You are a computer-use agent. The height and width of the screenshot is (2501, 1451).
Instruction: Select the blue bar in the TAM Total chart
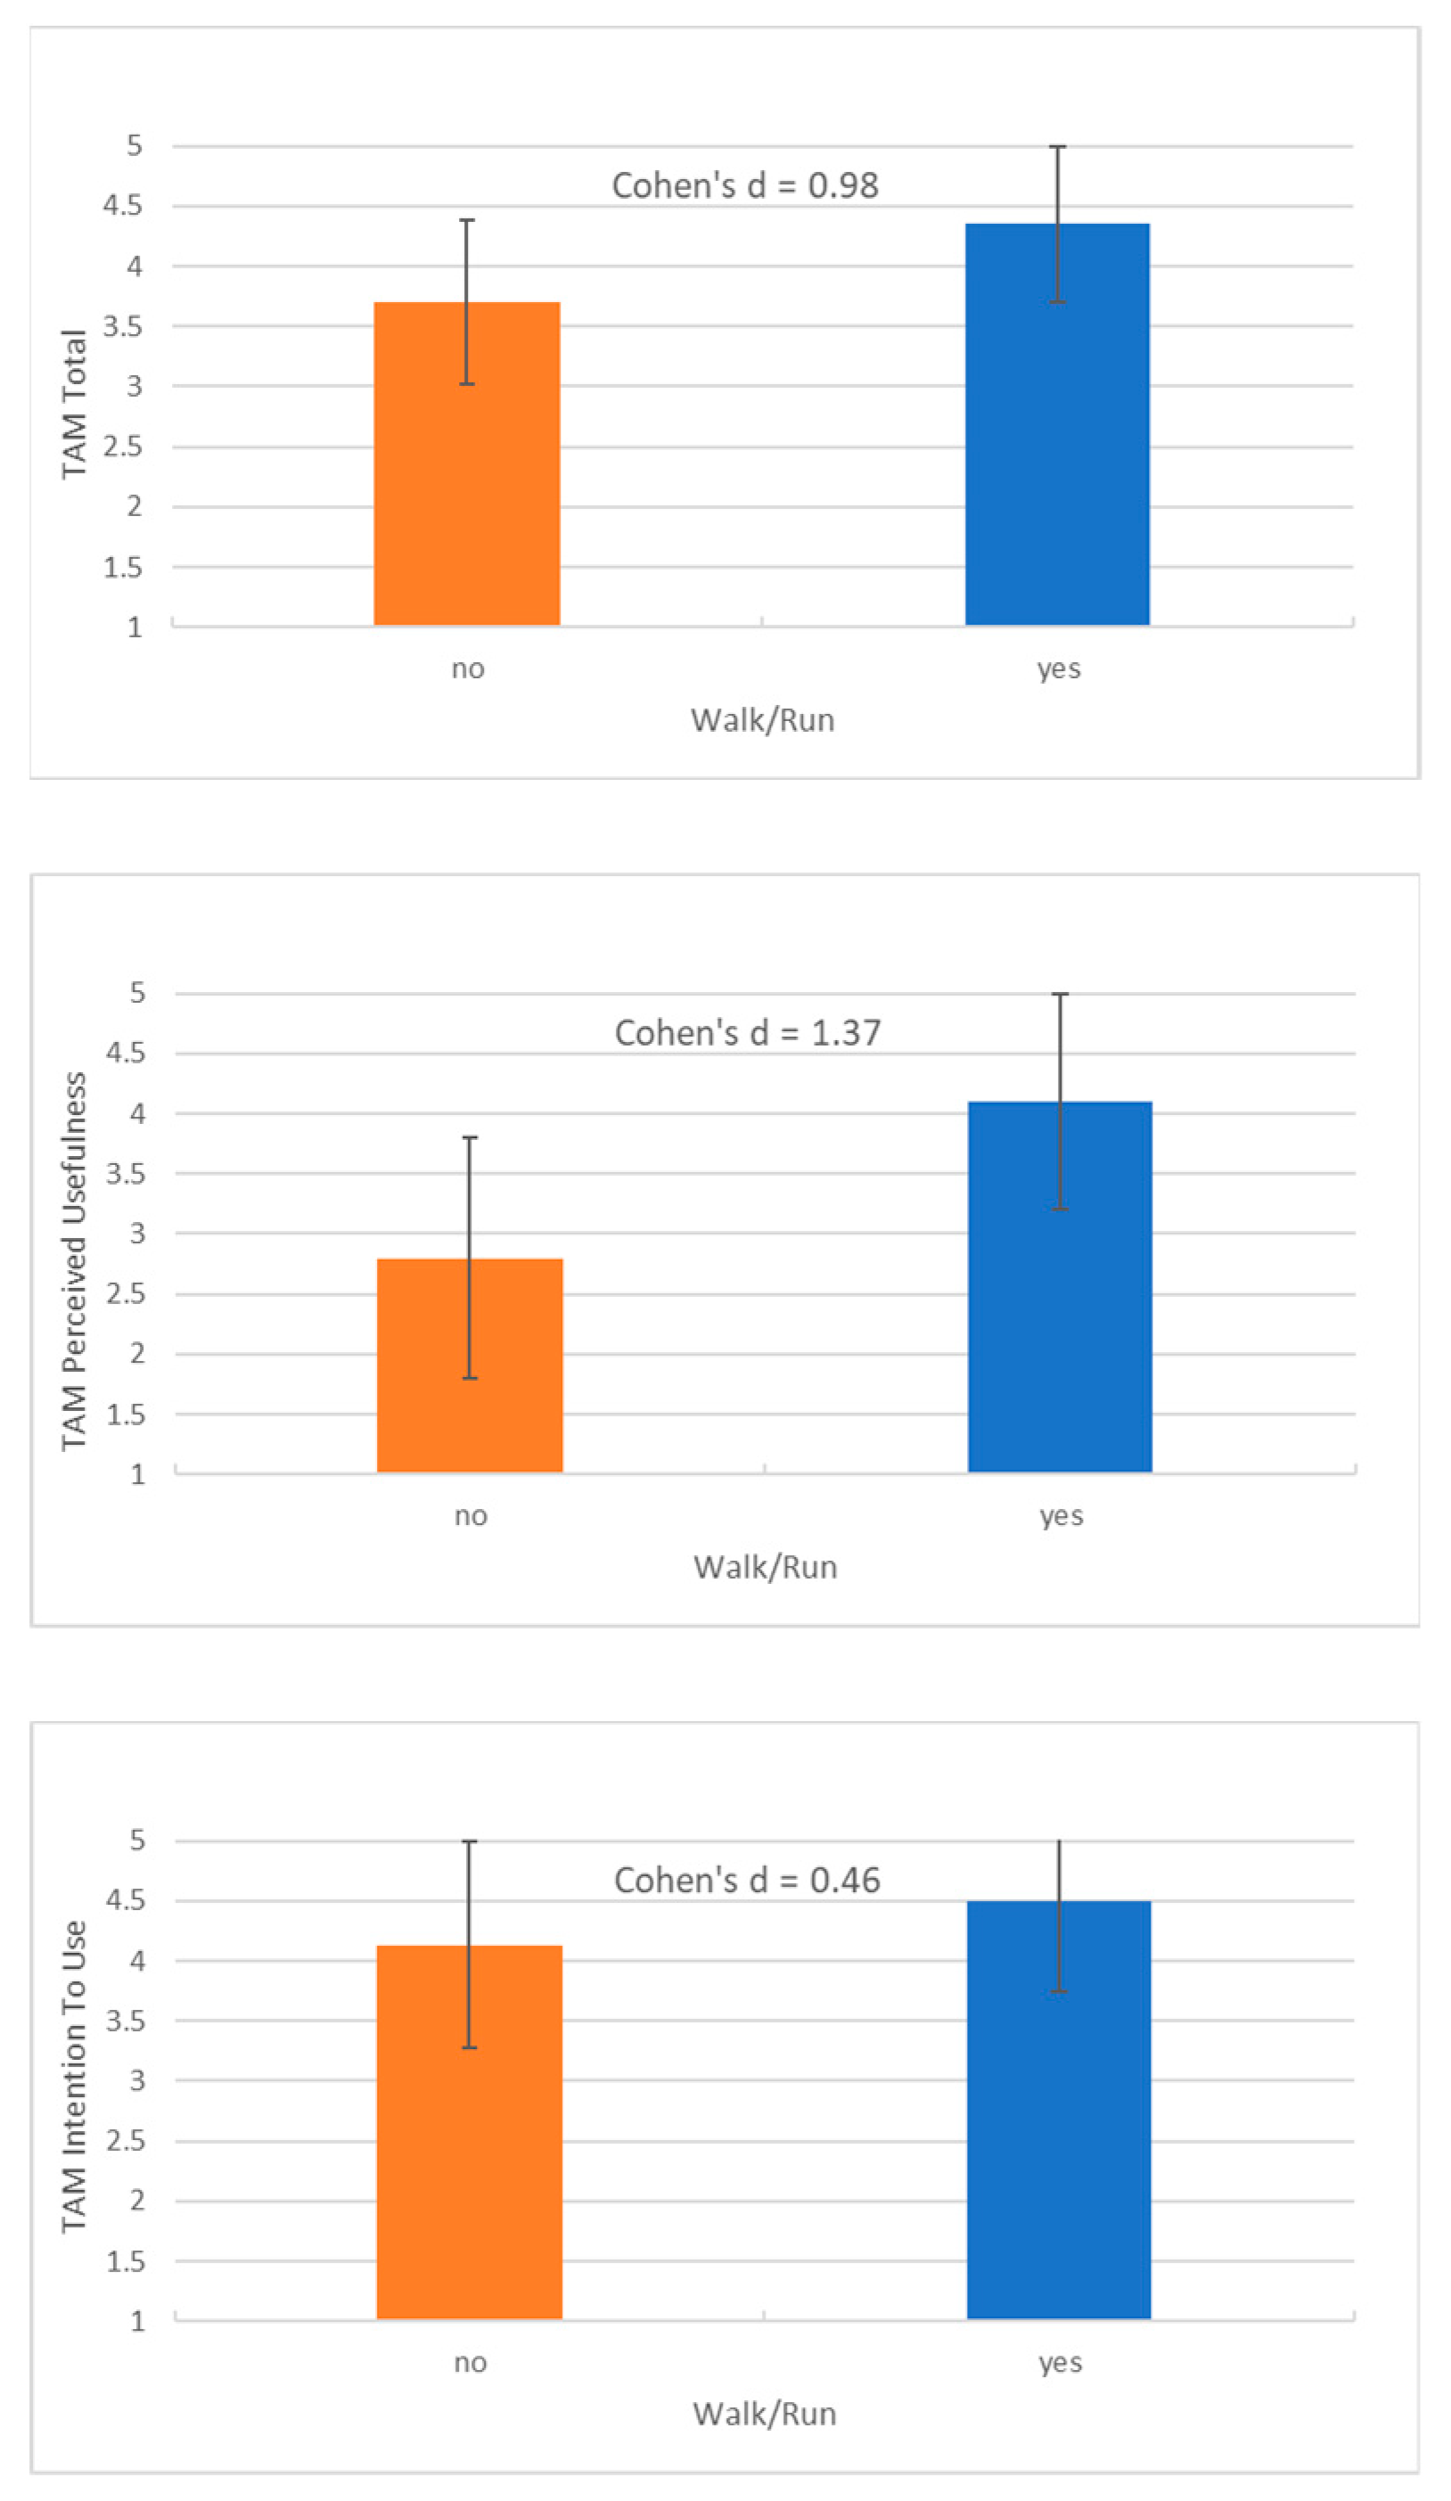coord(1057,447)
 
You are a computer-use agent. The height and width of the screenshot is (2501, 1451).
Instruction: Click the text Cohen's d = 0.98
coord(744,185)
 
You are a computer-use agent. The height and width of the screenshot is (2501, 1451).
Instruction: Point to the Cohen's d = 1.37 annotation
coord(747,1033)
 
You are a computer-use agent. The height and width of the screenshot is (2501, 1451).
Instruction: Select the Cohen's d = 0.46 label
coord(746,1881)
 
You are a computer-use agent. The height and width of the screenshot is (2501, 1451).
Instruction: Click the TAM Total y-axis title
coord(73,404)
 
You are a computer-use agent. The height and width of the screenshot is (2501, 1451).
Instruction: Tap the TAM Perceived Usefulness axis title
coord(73,1261)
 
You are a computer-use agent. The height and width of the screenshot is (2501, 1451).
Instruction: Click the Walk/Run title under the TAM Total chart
coord(762,720)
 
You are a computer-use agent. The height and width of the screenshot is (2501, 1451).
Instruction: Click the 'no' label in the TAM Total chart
coord(467,668)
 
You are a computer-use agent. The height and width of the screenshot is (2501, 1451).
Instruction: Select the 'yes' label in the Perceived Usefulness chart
coord(1061,1515)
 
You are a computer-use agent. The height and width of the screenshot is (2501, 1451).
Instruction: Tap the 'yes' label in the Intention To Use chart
coord(1060,2363)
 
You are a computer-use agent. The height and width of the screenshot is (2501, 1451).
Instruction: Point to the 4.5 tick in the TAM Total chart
coord(122,205)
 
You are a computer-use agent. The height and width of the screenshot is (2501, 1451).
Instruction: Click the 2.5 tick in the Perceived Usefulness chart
coord(125,1294)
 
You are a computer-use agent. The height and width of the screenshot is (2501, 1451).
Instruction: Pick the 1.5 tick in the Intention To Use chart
coord(125,2262)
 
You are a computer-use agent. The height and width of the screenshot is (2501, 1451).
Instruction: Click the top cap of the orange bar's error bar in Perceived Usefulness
coord(470,1137)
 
